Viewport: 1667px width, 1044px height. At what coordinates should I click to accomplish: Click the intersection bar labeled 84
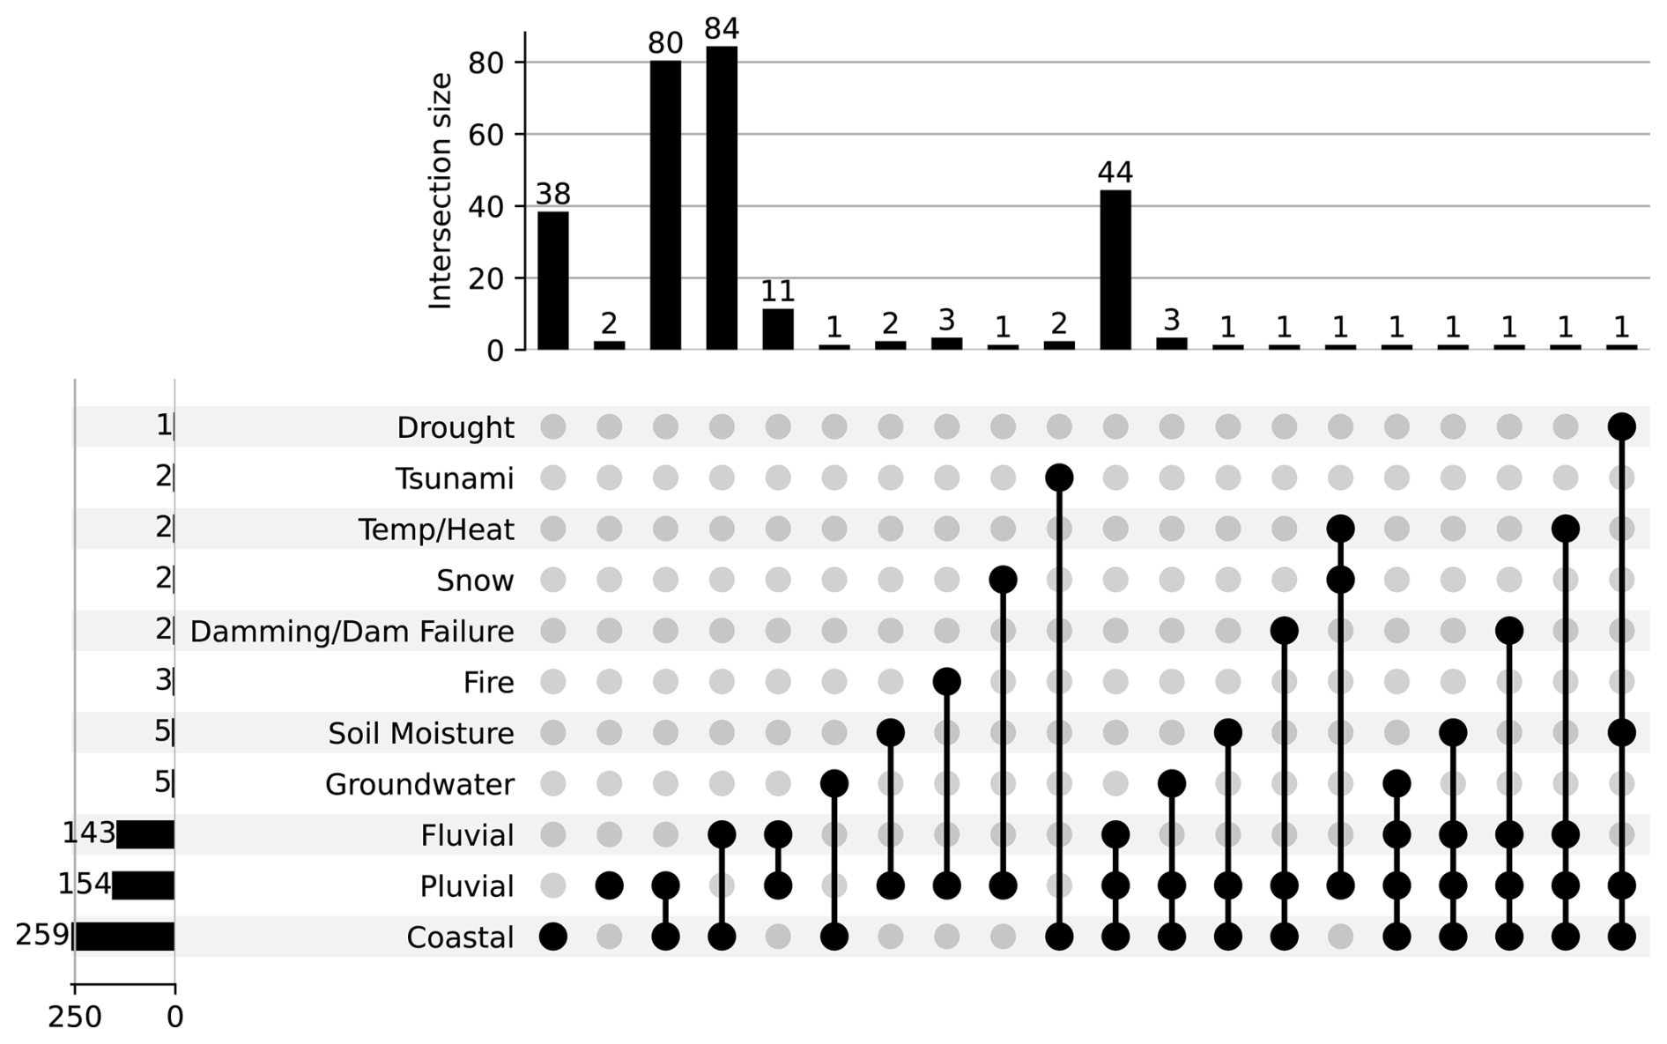(722, 198)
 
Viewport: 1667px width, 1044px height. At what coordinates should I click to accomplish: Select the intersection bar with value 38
(553, 280)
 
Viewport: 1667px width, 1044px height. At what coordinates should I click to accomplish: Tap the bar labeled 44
(1115, 270)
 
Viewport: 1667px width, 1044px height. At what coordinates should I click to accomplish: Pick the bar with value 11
(778, 329)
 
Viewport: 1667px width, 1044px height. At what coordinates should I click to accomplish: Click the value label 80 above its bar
(665, 43)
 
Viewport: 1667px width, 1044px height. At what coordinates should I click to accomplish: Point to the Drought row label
(455, 427)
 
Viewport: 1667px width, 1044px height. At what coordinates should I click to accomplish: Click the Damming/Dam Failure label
(352, 632)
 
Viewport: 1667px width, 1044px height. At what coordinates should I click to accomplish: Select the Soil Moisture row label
(420, 733)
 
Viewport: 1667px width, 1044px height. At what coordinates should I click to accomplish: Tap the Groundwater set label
(419, 784)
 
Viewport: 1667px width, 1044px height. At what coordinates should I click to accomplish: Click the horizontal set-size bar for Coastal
(124, 937)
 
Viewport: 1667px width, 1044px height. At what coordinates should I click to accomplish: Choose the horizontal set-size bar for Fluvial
(145, 834)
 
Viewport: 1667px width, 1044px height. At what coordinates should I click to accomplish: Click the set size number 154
(84, 884)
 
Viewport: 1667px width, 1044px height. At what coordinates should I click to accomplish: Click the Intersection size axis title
(439, 191)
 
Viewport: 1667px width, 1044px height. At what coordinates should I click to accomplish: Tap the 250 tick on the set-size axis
(74, 1018)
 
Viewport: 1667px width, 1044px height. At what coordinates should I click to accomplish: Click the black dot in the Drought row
(1621, 426)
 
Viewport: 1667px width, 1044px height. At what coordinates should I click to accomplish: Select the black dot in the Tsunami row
(1059, 478)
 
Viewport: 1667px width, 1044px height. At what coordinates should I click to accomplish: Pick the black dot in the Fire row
(946, 682)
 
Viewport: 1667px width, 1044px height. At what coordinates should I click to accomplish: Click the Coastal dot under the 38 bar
(553, 937)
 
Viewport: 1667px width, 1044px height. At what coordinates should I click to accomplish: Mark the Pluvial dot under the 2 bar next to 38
(609, 885)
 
